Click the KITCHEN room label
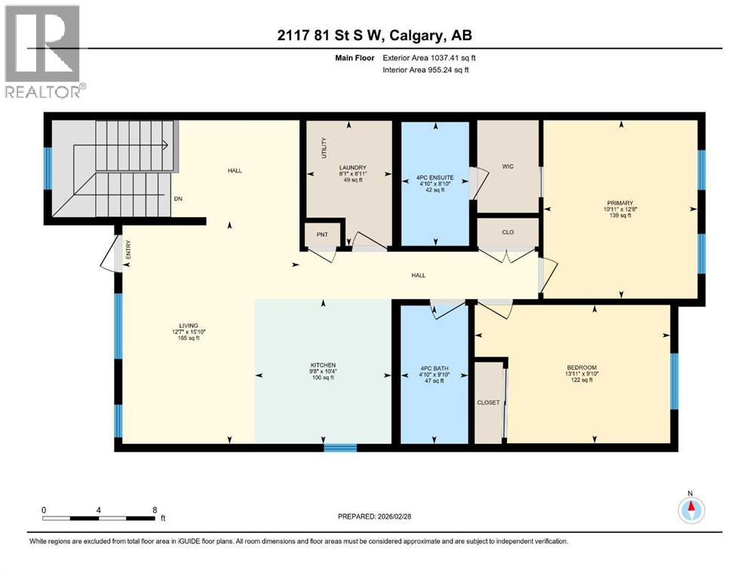coord(322,365)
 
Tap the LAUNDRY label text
coord(352,167)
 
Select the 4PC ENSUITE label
coord(434,177)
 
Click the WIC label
coord(508,167)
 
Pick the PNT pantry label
coord(321,235)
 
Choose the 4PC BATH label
coord(434,369)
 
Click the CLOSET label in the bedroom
coord(488,403)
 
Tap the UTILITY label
coord(324,147)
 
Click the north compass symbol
coord(689,510)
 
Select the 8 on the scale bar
coord(155,510)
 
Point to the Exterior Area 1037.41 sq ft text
coord(427,57)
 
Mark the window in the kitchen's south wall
coord(340,447)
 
